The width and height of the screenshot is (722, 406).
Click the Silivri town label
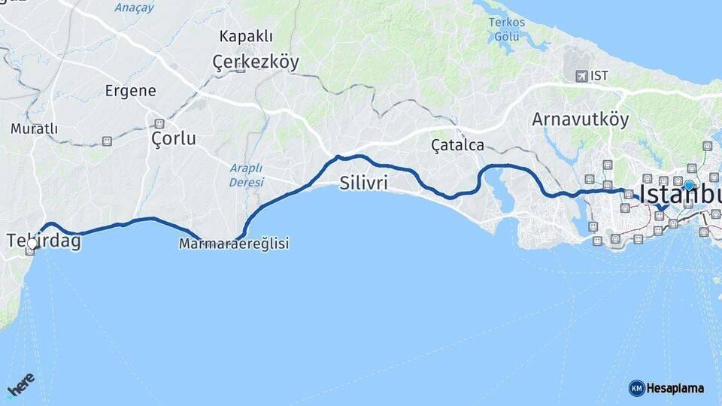363,182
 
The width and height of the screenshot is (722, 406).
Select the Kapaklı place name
246,36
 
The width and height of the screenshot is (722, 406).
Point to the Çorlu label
173,138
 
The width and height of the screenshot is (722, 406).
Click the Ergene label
131,91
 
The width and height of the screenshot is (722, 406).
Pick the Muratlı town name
34,129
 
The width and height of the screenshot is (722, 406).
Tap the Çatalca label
457,144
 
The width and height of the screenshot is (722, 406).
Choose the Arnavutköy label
580,119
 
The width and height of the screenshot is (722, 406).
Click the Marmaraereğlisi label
234,244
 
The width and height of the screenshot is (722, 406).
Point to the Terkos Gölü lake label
507,29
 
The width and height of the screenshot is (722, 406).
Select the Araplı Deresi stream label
247,174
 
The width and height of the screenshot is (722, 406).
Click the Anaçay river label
134,8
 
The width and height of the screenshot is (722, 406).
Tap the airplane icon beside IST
581,76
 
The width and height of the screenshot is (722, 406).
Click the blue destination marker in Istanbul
689,186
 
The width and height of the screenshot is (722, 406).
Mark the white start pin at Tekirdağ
32,242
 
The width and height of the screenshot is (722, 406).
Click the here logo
20,384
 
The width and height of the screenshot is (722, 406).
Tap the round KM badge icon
636,388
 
